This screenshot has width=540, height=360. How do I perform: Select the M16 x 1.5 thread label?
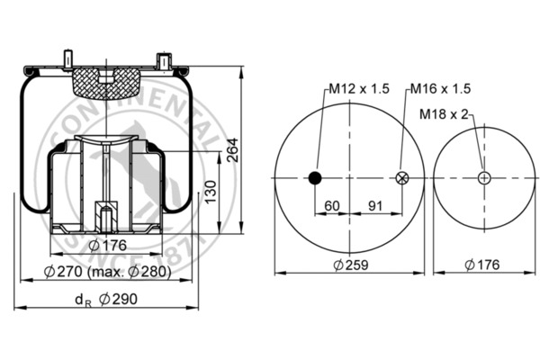pyautogui.click(x=441, y=88)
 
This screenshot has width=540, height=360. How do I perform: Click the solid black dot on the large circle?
pyautogui.click(x=315, y=177)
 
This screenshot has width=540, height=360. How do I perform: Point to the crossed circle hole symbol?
pyautogui.click(x=402, y=177)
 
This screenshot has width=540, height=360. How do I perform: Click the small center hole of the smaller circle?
pyautogui.click(x=484, y=177)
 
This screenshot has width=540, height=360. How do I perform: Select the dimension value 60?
pyautogui.click(x=331, y=205)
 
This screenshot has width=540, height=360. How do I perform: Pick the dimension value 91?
pyautogui.click(x=376, y=205)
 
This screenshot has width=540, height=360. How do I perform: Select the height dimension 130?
pyautogui.click(x=209, y=190)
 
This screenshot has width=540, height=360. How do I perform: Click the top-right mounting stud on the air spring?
pyautogui.click(x=164, y=59)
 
